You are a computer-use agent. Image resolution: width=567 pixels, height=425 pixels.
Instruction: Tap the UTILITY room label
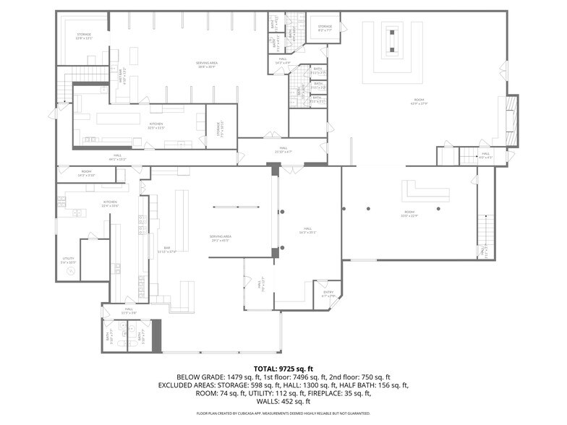coord(68,259)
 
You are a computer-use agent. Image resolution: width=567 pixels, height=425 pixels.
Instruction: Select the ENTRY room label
coord(328,293)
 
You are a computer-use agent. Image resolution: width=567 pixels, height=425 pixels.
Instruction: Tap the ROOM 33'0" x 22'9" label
coord(409,214)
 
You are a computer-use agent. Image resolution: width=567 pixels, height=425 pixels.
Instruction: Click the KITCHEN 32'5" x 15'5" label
coord(155,125)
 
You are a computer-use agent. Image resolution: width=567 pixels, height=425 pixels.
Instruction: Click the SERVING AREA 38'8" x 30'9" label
coord(207,64)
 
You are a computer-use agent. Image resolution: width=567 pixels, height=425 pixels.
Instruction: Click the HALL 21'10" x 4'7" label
coord(283,150)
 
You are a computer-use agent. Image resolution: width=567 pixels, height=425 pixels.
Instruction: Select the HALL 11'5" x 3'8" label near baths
coord(128,311)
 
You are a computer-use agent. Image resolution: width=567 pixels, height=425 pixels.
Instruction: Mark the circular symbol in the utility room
coord(70,272)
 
